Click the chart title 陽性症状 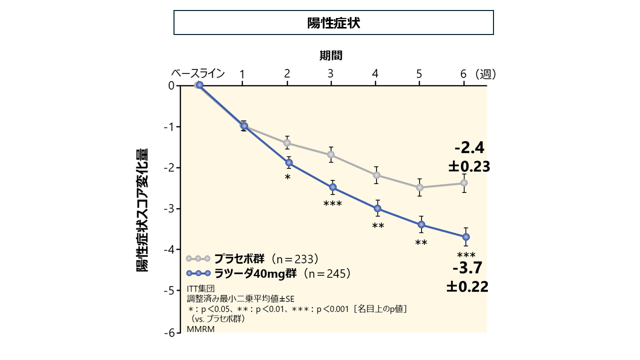click(x=333, y=23)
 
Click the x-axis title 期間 click(x=331, y=55)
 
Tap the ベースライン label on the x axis click(x=198, y=73)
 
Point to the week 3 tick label click(x=331, y=74)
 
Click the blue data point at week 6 click(x=466, y=236)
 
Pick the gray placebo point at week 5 click(x=420, y=187)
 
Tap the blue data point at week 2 click(x=288, y=163)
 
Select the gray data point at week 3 click(x=331, y=155)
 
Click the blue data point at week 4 click(x=377, y=208)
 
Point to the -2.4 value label click(x=469, y=148)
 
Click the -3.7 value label click(x=467, y=268)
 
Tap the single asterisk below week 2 click(x=287, y=177)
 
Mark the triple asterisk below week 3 click(x=332, y=203)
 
